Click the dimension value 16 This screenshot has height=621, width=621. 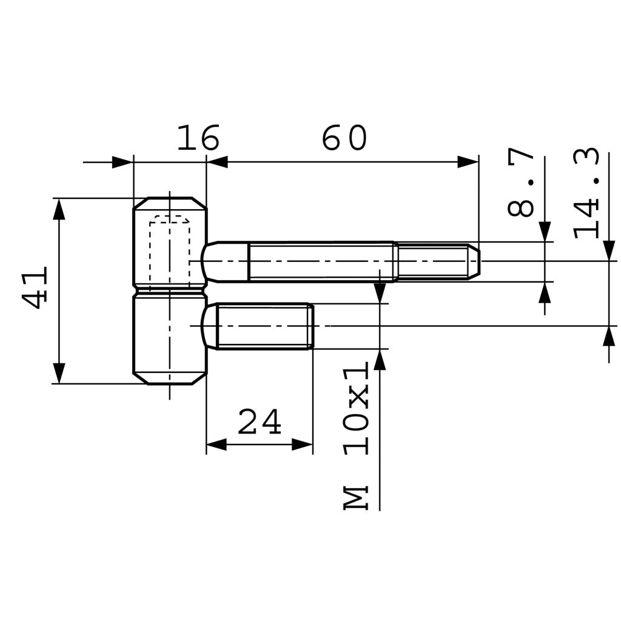(x=198, y=139)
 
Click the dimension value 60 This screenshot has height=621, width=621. (x=344, y=139)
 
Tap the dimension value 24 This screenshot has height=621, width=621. (x=260, y=422)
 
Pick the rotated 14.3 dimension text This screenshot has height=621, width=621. (x=586, y=193)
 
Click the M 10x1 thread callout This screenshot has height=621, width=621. (x=357, y=437)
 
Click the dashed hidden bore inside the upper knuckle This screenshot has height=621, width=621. (x=170, y=249)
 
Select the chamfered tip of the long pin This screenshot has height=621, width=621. (x=474, y=261)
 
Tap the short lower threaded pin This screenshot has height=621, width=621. (x=264, y=326)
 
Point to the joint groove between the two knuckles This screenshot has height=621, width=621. (x=170, y=290)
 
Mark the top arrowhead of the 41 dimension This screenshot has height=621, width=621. (x=59, y=209)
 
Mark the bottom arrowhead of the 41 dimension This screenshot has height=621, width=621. (x=59, y=373)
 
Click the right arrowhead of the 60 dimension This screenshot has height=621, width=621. (x=468, y=162)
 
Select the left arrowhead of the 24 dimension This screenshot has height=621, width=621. (x=217, y=445)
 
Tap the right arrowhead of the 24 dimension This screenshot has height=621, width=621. (x=302, y=445)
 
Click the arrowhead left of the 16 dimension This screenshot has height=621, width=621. (x=123, y=162)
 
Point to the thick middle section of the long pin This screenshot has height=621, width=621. (x=321, y=261)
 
